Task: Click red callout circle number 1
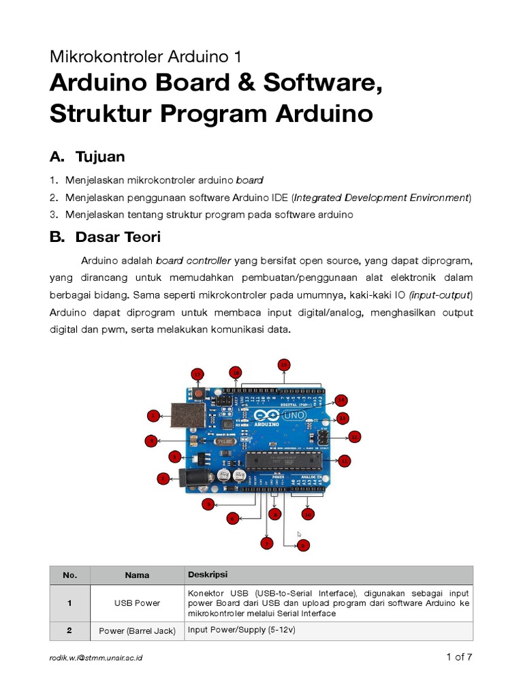(154, 415)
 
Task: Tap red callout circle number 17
(197, 374)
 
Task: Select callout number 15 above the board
(284, 364)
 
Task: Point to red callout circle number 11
(345, 461)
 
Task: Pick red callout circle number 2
(163, 478)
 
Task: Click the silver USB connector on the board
(183, 415)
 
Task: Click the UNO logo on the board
(296, 415)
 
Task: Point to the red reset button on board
(199, 393)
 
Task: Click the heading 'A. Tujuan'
(87, 157)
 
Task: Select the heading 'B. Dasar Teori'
(105, 237)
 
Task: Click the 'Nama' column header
(137, 575)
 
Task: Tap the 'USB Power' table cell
(137, 603)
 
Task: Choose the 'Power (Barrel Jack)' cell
(137, 631)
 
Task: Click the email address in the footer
(96, 658)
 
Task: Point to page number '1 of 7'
(459, 657)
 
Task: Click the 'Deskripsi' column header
(208, 575)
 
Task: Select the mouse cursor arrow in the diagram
(298, 534)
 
